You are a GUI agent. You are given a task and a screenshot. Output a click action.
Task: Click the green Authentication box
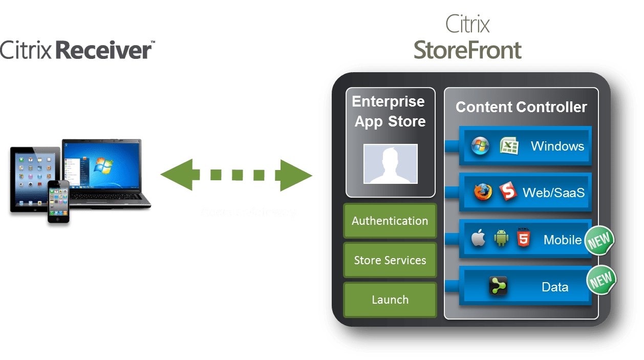coord(390,221)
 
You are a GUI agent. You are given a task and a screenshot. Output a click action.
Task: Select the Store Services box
coord(390,260)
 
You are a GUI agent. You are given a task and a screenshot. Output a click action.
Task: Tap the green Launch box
coord(390,300)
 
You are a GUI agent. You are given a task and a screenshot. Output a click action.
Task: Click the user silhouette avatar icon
coord(390,164)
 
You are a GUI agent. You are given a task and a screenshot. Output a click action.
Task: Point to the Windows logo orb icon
coord(480,146)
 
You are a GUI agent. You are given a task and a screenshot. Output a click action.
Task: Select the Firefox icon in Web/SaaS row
coord(482,193)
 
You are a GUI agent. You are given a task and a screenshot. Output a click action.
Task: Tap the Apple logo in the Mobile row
coord(478,239)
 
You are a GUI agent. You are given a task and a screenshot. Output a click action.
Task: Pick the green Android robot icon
coord(501,239)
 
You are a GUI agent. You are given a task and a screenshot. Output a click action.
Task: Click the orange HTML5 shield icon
coord(523,239)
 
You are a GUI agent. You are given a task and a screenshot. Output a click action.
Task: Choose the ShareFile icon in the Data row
coord(498,286)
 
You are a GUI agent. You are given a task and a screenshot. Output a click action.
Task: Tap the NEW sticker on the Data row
coord(601,280)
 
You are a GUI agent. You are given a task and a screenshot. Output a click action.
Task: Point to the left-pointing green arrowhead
coord(177,175)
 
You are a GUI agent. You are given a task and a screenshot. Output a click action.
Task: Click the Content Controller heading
coord(521,107)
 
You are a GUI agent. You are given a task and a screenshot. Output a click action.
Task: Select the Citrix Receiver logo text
coord(77,51)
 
